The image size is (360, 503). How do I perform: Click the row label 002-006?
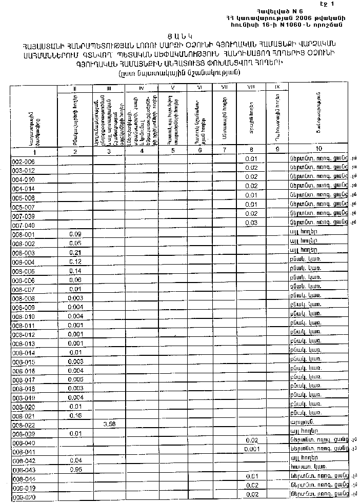pyautogui.click(x=23, y=161)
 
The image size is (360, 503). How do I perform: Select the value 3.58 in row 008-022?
pyautogui.click(x=109, y=425)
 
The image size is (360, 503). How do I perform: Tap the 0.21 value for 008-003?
pyautogui.click(x=75, y=253)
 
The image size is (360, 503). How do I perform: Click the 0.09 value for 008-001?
pyautogui.click(x=75, y=234)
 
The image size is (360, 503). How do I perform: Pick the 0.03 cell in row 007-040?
pyautogui.click(x=251, y=223)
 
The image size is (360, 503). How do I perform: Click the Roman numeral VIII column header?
pyautogui.click(x=251, y=88)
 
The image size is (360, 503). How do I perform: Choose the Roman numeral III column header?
pyautogui.click(x=109, y=88)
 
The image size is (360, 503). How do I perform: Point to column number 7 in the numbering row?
pyautogui.click(x=224, y=150)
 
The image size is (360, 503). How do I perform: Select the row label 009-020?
pyautogui.click(x=23, y=497)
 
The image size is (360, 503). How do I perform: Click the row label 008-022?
pyautogui.click(x=23, y=425)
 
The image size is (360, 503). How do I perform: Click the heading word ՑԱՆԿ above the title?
pyautogui.click(x=182, y=35)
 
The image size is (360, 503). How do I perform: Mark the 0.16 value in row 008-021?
pyautogui.click(x=75, y=415)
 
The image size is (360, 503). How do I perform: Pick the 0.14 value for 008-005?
pyautogui.click(x=75, y=271)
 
